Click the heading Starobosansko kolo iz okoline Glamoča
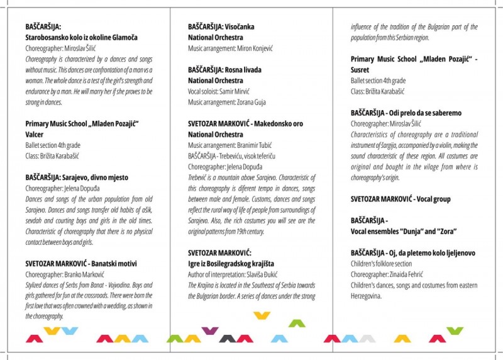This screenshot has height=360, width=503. tap(77, 37)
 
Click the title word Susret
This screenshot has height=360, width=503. tap(360, 70)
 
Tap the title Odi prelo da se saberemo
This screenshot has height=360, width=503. tap(426, 113)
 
